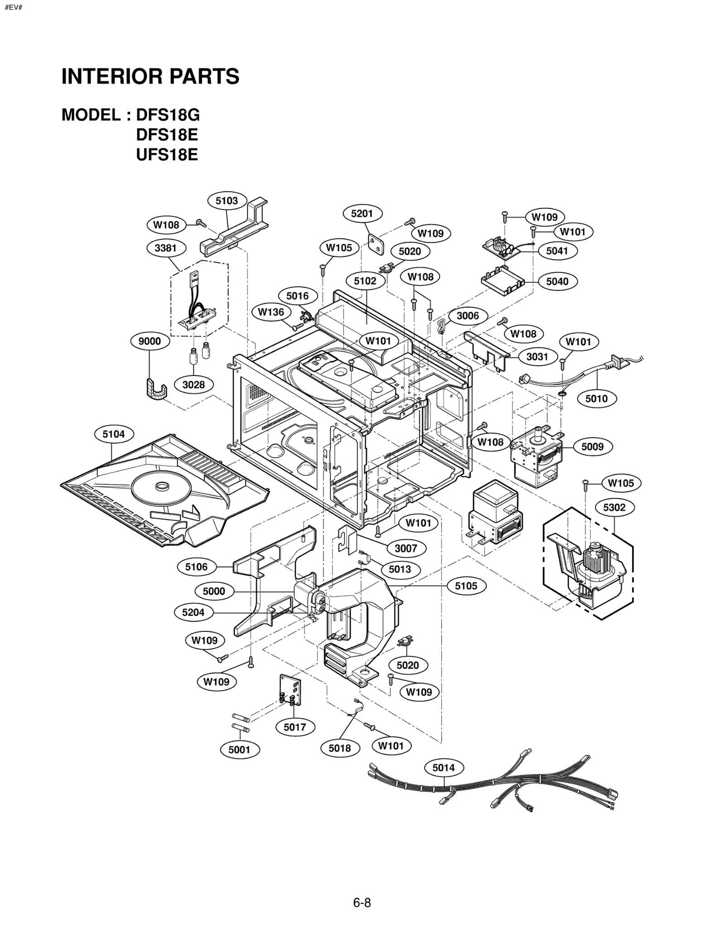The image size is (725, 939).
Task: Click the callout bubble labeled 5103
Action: [x=227, y=201]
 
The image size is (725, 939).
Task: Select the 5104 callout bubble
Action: [x=113, y=434]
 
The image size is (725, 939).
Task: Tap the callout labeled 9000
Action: [x=150, y=341]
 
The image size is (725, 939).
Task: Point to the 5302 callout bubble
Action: [x=614, y=507]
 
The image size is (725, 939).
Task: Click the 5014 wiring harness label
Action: [x=443, y=767]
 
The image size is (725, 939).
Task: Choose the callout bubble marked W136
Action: [x=271, y=312]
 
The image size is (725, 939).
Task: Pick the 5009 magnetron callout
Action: [x=592, y=447]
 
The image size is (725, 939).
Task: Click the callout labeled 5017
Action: [x=295, y=727]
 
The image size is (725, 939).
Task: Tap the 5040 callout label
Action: [x=557, y=281]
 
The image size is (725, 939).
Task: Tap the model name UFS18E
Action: [x=167, y=155]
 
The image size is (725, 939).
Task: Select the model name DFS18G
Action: [x=168, y=115]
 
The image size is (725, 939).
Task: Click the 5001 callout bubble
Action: [x=239, y=749]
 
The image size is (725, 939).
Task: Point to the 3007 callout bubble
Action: [x=406, y=549]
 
